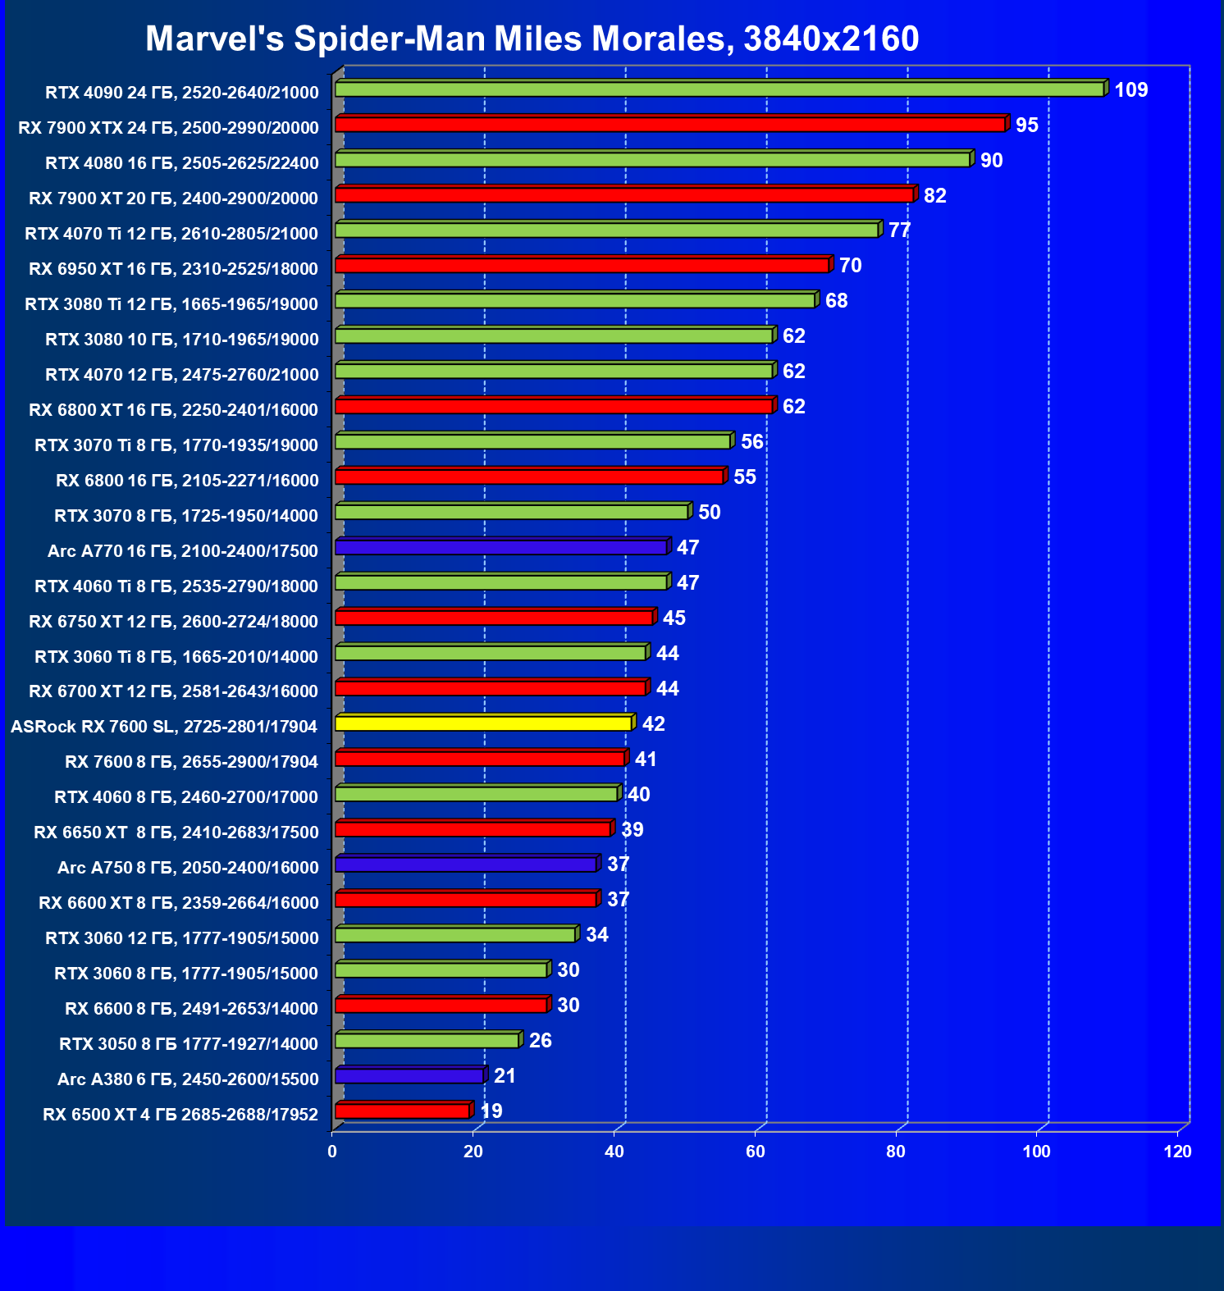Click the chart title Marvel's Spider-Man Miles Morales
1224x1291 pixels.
coord(532,39)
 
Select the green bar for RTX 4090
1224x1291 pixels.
coord(719,89)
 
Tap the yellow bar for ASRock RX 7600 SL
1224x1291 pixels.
coord(483,723)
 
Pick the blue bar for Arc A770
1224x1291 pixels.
coord(500,547)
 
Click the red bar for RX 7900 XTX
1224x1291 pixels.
coord(670,124)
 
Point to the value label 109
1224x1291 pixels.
coord(1130,90)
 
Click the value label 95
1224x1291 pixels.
coord(1026,125)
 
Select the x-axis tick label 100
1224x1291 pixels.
coord(1036,1152)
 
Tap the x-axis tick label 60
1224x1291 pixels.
coord(755,1152)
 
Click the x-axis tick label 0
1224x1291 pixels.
coord(332,1152)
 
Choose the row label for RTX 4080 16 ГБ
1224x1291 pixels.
coord(181,163)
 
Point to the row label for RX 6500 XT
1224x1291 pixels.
coord(180,1114)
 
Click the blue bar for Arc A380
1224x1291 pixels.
coord(409,1075)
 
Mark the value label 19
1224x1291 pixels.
coord(491,1111)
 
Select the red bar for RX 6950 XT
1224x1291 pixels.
coord(582,265)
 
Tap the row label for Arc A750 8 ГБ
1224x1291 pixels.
coord(188,868)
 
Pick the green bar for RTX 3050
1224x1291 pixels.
coord(427,1040)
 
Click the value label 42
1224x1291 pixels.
coord(653,724)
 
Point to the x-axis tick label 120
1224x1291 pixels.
coord(1177,1152)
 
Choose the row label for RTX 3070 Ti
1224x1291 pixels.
coord(176,445)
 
